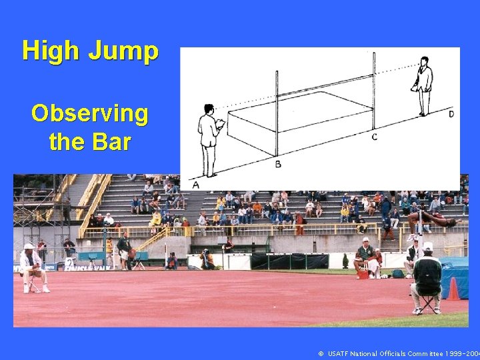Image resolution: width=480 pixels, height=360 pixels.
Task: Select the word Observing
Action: coord(89,114)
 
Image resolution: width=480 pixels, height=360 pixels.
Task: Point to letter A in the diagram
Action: coord(196,184)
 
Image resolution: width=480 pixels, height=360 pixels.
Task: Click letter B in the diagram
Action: coord(278,163)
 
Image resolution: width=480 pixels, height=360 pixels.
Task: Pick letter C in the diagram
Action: coord(374,137)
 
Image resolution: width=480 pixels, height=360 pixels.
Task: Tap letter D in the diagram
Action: coord(451,114)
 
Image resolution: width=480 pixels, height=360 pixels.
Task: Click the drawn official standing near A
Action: coord(209,139)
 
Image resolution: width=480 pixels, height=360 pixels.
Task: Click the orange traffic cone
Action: coord(453,289)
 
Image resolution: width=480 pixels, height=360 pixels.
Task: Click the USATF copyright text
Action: coord(399,353)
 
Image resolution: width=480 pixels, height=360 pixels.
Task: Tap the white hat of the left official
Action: coord(29,246)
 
